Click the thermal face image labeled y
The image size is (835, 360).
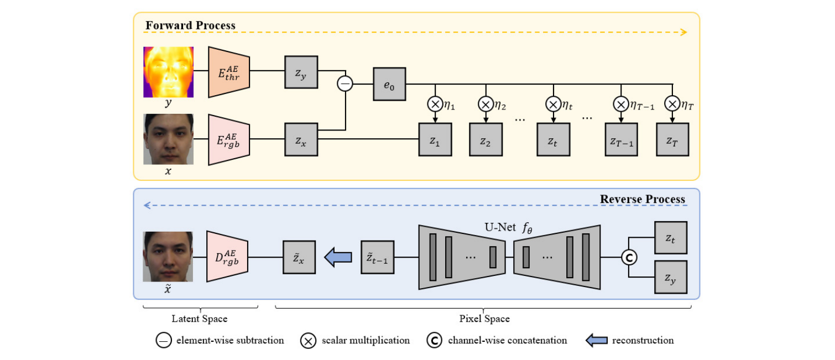click(x=169, y=72)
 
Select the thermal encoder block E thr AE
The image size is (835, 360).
click(x=229, y=72)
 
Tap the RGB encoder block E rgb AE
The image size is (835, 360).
click(x=229, y=140)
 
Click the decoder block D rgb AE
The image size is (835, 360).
click(x=227, y=257)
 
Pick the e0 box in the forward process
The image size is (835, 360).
click(x=389, y=84)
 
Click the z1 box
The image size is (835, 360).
click(x=435, y=139)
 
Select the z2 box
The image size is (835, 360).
click(x=486, y=139)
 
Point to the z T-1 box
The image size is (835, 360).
click(x=621, y=139)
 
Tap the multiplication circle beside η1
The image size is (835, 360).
click(x=435, y=105)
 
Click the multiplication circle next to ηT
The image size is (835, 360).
click(x=672, y=104)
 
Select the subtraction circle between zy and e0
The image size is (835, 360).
click(x=345, y=84)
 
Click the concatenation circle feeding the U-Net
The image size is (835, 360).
click(x=629, y=257)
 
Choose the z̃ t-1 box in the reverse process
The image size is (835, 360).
click(x=378, y=257)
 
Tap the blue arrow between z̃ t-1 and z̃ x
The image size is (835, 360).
click(x=338, y=257)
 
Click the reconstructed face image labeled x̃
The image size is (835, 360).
click(x=168, y=257)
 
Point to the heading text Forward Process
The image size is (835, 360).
click(x=190, y=25)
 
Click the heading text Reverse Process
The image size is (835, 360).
click(x=642, y=199)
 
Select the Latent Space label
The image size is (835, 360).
click(x=200, y=319)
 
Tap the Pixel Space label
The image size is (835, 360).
click(x=484, y=319)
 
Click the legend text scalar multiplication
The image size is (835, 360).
click(x=366, y=340)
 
